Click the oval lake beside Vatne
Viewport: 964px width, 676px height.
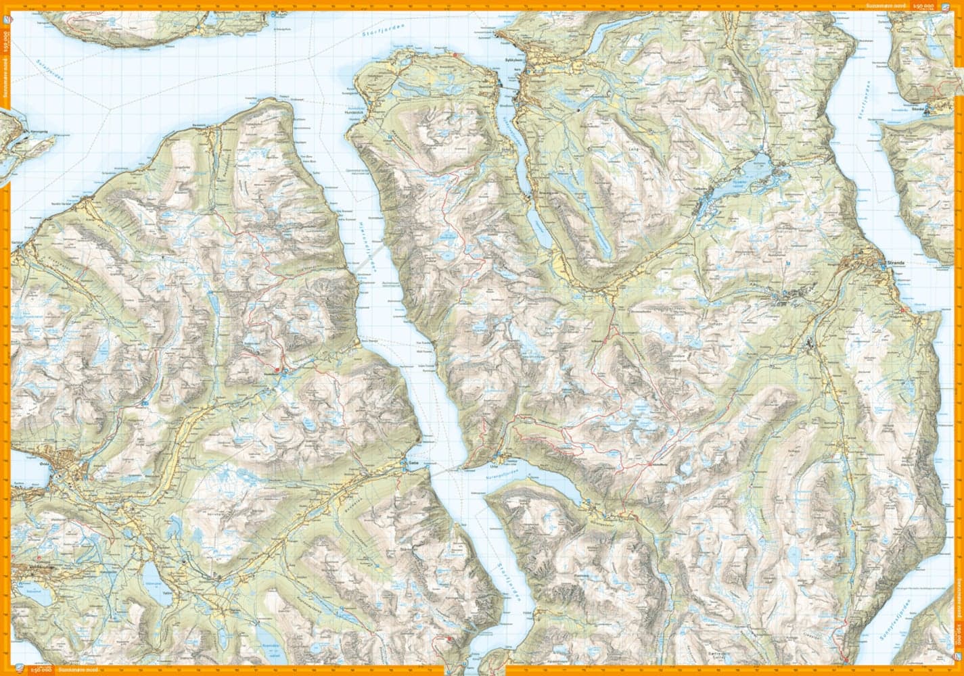coord(150,575)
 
